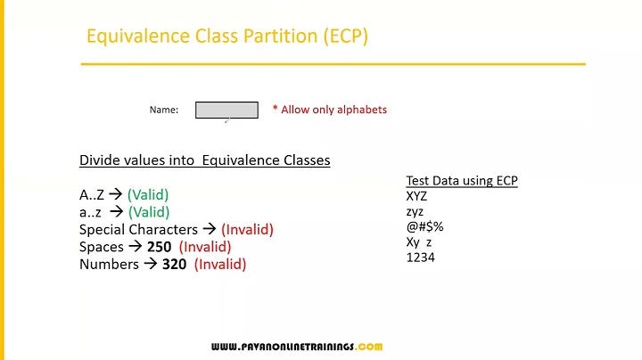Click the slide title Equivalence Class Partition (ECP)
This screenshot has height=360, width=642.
(x=226, y=37)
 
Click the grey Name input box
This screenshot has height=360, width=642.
(x=226, y=110)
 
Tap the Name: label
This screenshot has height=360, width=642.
(x=164, y=110)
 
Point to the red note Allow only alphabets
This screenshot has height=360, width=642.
(x=329, y=110)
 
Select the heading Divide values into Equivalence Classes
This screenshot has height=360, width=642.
(x=204, y=160)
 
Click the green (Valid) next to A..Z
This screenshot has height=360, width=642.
(x=148, y=194)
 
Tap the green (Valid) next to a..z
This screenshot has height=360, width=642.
(x=148, y=212)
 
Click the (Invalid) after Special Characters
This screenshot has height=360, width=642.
(x=247, y=229)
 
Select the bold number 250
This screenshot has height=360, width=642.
(x=160, y=247)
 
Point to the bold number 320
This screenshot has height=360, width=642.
(x=174, y=265)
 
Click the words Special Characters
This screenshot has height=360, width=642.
(x=138, y=229)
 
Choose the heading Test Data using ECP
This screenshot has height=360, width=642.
(x=462, y=180)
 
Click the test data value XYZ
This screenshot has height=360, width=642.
(x=417, y=196)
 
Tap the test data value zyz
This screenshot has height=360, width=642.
(x=415, y=211)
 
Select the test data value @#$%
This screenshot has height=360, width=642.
(x=424, y=226)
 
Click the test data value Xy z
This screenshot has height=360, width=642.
(x=419, y=242)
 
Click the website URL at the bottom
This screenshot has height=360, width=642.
(x=297, y=347)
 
